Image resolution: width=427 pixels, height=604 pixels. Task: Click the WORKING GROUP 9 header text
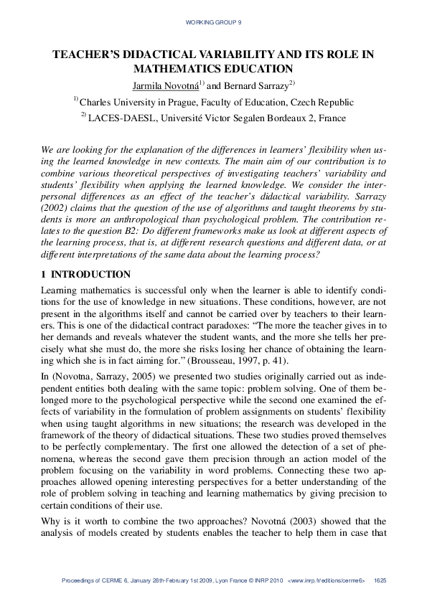213,23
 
